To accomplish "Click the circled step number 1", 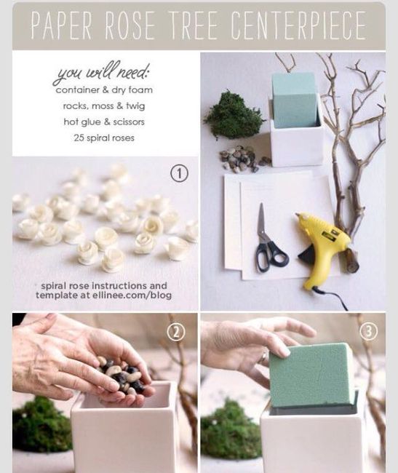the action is [180, 174].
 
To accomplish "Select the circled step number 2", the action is [176, 332].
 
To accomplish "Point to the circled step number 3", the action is [368, 331].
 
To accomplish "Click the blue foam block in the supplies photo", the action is [295, 100].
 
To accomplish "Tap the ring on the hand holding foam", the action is [263, 357].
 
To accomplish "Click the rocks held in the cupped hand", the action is [123, 375].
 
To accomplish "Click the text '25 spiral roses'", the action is [104, 138].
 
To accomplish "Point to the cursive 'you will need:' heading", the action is [102, 72].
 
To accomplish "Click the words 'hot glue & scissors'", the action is [104, 122].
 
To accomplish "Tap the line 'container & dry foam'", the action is [104, 90].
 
